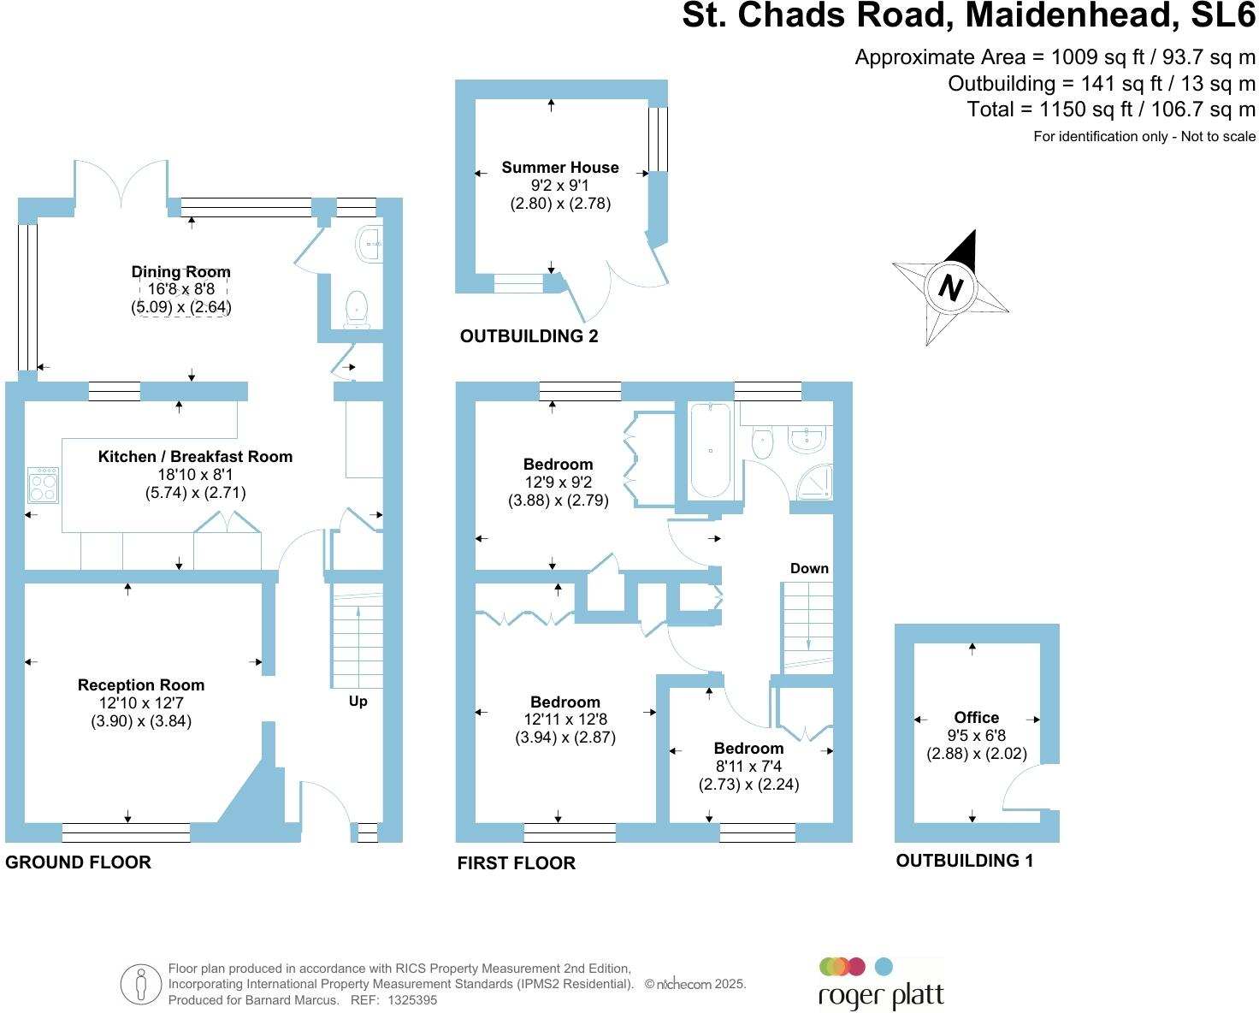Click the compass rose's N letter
tap(950, 287)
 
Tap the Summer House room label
tap(560, 168)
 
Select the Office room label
tap(976, 718)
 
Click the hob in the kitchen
tap(44, 485)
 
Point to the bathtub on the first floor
tap(710, 450)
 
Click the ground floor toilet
tap(356, 308)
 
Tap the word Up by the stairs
tap(358, 702)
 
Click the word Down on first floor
tap(809, 569)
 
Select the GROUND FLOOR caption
tap(79, 862)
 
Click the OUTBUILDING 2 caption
tap(529, 336)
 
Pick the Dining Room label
tap(180, 272)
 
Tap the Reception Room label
tap(141, 685)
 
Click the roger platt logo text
tap(881, 996)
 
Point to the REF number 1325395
tap(412, 1000)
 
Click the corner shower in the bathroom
tap(813, 483)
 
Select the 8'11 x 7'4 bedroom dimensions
tap(748, 767)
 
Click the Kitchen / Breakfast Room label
tap(195, 457)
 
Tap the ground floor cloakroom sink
tap(369, 245)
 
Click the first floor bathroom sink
tap(807, 439)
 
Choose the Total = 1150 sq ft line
tap(1111, 110)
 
